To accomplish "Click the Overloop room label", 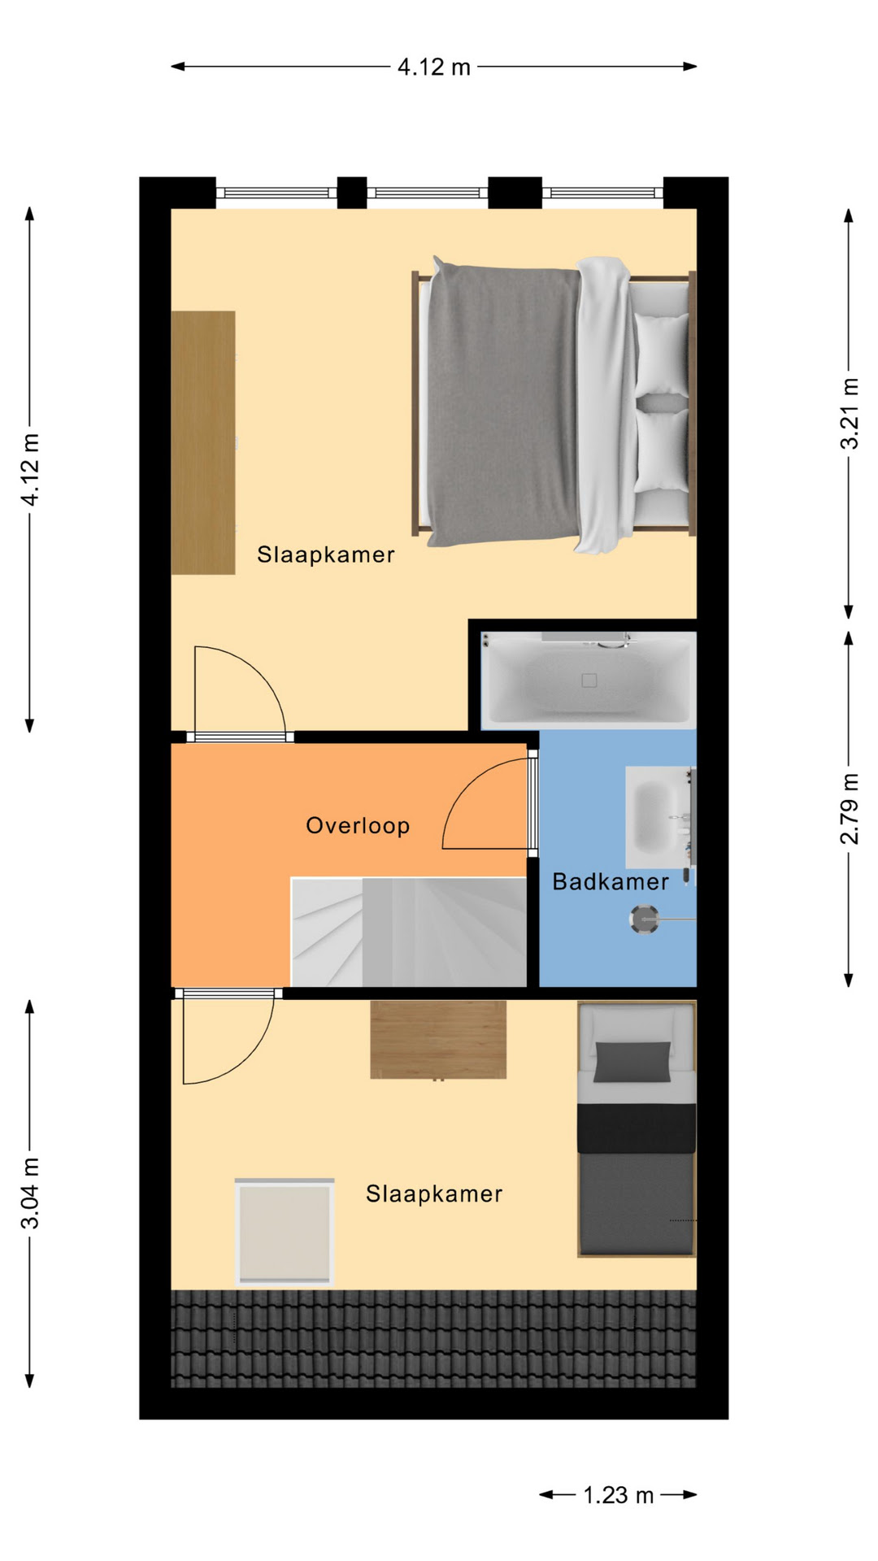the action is [x=358, y=825].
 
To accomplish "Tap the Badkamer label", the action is [x=611, y=881].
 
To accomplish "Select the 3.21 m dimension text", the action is [x=850, y=413].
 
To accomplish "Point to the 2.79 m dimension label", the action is [x=850, y=808].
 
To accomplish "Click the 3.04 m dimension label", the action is [x=29, y=1194].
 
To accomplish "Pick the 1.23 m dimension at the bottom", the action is [x=619, y=1495].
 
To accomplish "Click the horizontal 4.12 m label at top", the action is [x=434, y=67].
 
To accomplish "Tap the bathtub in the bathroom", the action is [x=588, y=680].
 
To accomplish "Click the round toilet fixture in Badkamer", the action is [x=645, y=920].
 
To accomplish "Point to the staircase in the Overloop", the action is [x=409, y=932].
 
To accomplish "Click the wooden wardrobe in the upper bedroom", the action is [x=203, y=442].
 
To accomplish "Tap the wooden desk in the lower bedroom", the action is [x=438, y=1040].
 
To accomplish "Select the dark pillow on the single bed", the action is [x=632, y=1062].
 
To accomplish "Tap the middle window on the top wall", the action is [x=427, y=193].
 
